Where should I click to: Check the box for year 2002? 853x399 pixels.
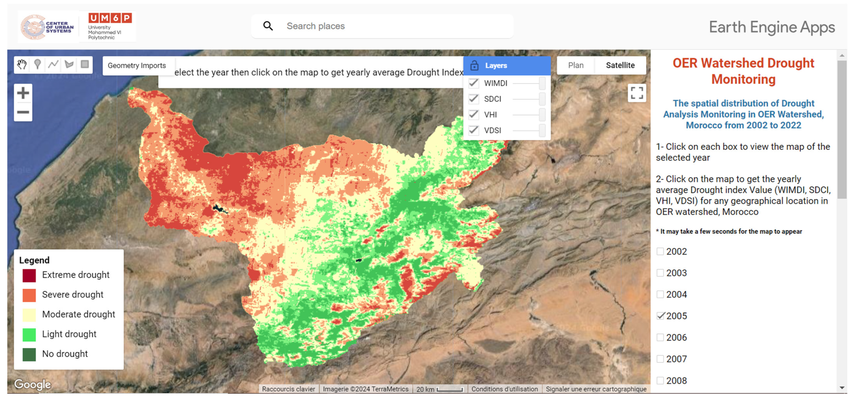pos(660,251)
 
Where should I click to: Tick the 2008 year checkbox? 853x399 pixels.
pos(660,380)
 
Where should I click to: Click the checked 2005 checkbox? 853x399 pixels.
pos(660,316)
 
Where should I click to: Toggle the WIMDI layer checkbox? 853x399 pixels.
pos(474,83)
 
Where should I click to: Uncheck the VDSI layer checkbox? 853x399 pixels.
pos(474,130)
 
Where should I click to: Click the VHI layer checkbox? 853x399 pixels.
pos(474,115)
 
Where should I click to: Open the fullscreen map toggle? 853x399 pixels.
pos(637,93)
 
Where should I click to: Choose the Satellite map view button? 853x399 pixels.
pos(620,65)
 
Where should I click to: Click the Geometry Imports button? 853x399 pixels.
pos(136,66)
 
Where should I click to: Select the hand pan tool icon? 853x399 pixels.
pos(22,64)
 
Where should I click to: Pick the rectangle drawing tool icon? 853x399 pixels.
pos(85,64)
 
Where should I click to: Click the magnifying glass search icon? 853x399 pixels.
pos(268,26)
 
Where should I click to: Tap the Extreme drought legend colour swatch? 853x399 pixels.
pos(29,275)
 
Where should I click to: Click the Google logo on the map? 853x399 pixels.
pos(32,384)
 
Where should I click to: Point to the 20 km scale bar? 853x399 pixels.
pos(449,389)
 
